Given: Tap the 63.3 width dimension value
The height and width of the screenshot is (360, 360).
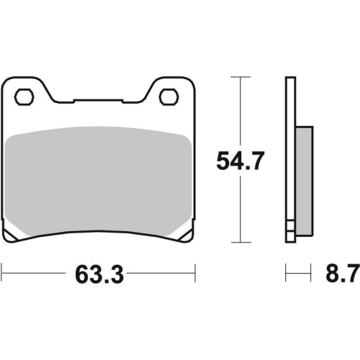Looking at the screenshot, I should [98, 274].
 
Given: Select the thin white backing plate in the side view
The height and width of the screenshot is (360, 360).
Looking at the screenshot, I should [290, 144].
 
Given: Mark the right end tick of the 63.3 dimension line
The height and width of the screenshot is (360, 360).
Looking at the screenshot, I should [195, 274].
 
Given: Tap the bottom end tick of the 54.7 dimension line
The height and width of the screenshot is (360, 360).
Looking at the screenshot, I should [240, 246].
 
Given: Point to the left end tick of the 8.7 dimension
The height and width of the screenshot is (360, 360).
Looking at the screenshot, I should [287, 274].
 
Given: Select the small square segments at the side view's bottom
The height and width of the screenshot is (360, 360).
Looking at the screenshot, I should [290, 233].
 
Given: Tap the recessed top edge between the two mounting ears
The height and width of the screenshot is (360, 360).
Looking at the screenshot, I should [98, 102].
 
